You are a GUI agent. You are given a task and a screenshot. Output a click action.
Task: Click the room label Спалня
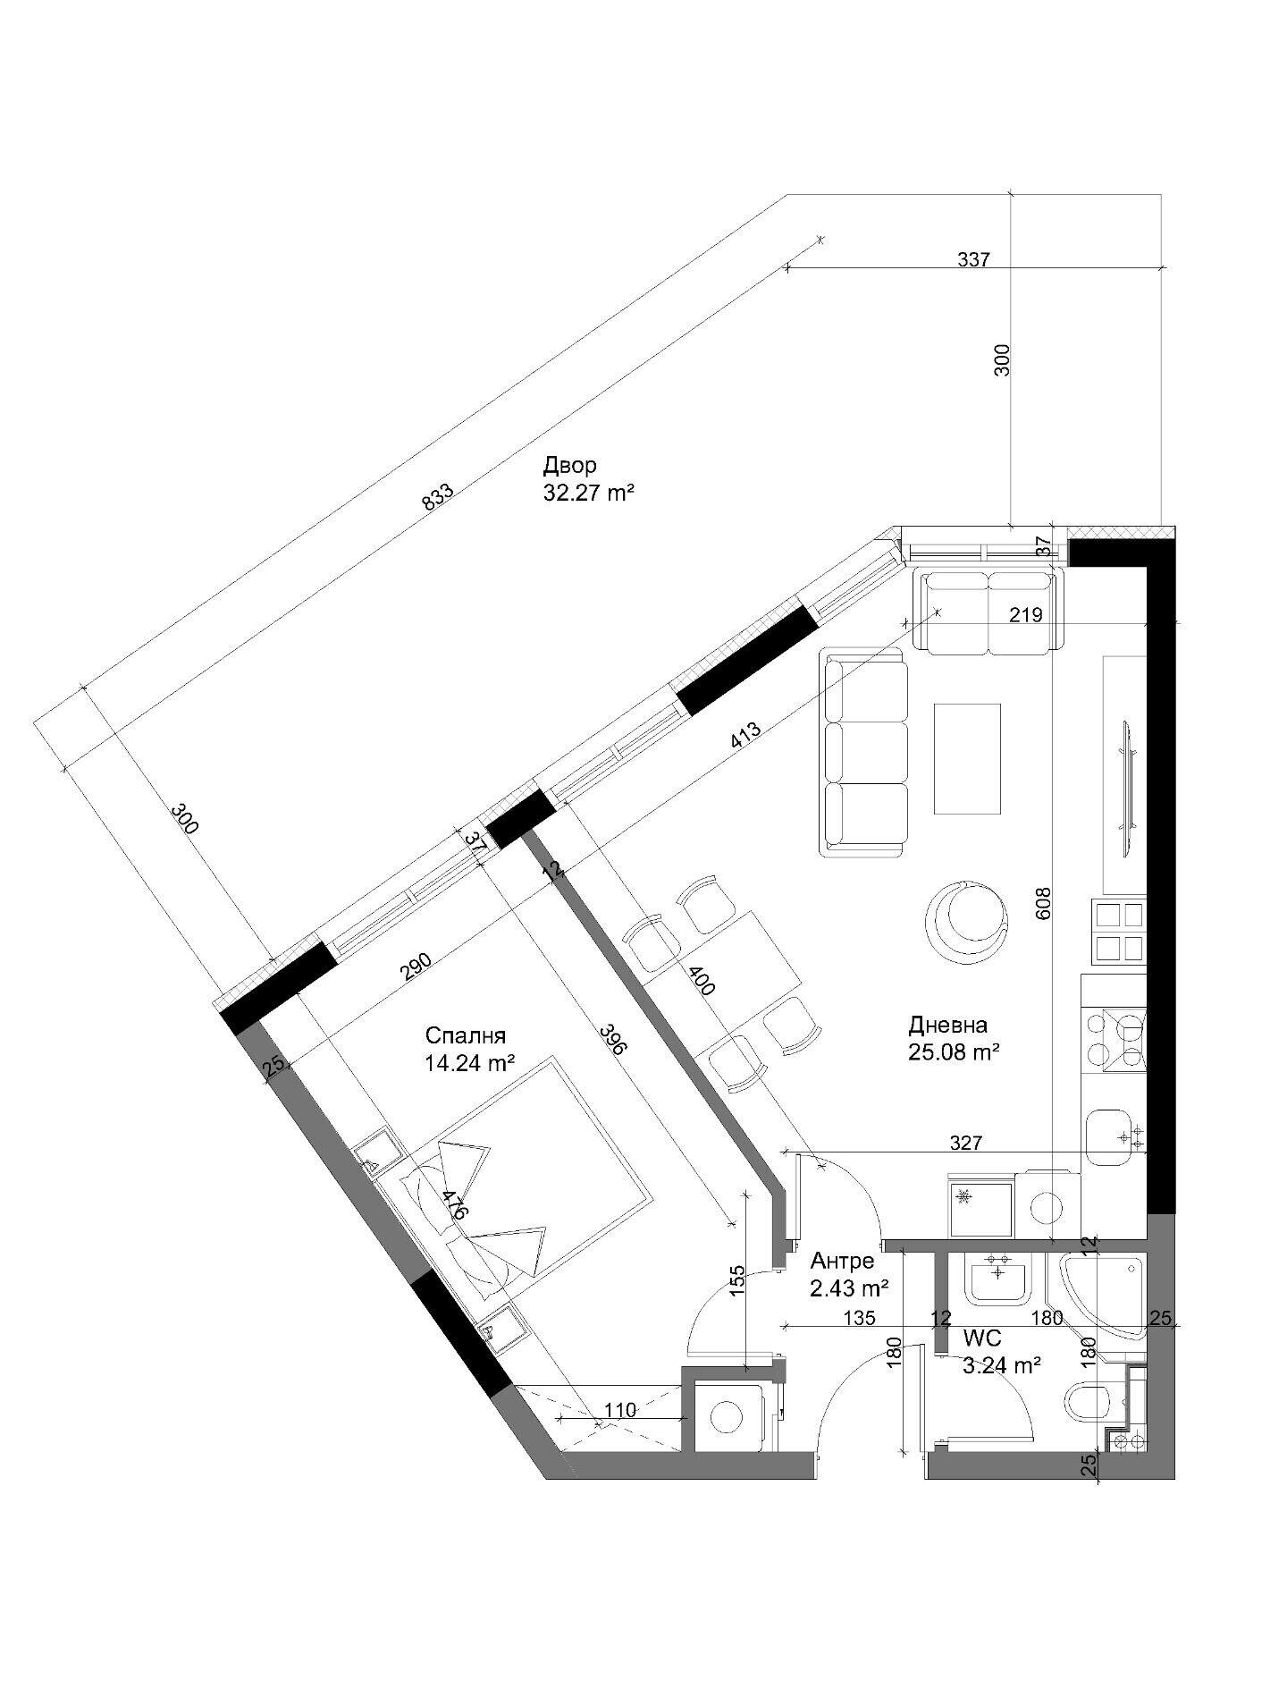click(x=466, y=1035)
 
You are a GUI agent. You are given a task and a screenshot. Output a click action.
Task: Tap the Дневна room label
click(x=947, y=1025)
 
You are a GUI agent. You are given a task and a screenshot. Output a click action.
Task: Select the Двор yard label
click(x=569, y=466)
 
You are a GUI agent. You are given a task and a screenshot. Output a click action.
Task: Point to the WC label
click(x=982, y=1338)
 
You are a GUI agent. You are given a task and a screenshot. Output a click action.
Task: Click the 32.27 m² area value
click(x=588, y=492)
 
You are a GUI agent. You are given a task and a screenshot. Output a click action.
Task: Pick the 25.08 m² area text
click(x=954, y=1052)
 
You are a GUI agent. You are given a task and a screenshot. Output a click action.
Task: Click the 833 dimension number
click(x=439, y=497)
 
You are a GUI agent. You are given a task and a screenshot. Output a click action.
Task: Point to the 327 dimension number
click(x=966, y=1143)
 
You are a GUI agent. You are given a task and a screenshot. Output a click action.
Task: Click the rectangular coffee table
click(x=967, y=759)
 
